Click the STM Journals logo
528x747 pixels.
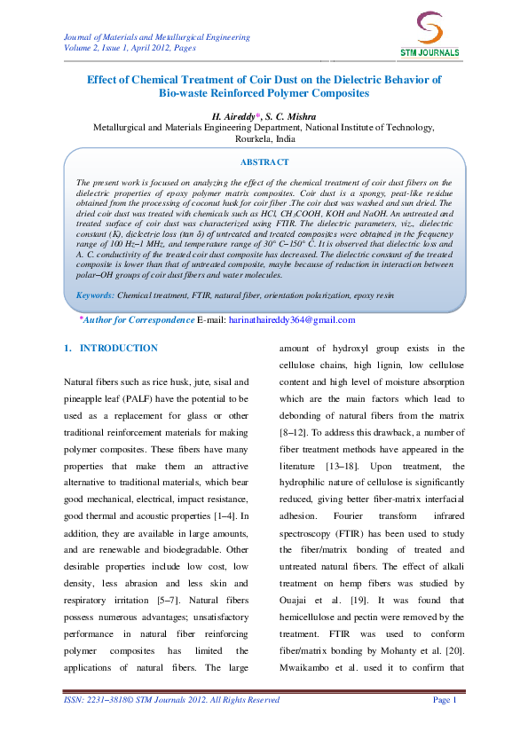(x=429, y=36)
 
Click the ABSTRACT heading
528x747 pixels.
(x=264, y=162)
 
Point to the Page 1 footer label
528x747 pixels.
(x=444, y=700)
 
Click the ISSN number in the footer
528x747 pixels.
(x=97, y=700)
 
